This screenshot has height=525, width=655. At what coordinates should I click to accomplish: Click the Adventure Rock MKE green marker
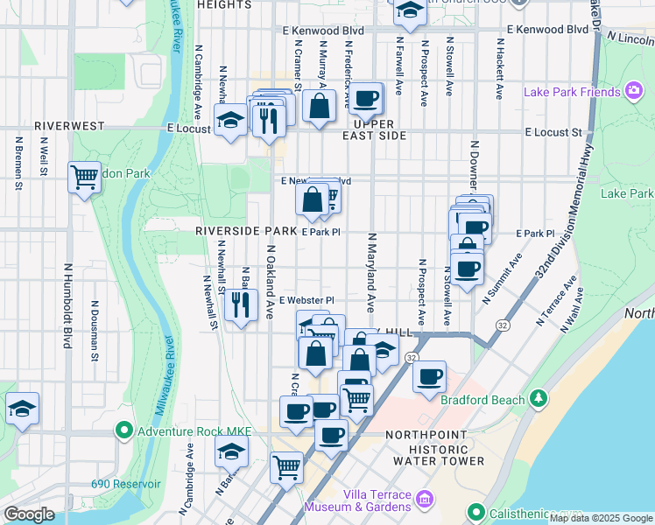[x=123, y=430]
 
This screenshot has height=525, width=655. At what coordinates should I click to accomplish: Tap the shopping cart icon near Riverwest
[x=84, y=178]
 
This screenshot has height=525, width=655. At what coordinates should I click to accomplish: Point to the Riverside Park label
[x=246, y=231]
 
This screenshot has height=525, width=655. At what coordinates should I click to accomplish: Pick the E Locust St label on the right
[x=553, y=133]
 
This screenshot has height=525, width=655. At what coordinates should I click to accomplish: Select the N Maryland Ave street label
[x=371, y=273]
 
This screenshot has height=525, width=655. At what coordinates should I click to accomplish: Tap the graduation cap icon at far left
[x=22, y=408]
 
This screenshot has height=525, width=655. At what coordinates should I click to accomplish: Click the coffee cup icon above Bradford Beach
[x=429, y=377]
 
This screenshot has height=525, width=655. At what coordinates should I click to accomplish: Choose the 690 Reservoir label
[x=128, y=484]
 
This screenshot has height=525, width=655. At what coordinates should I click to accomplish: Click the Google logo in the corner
[x=29, y=514]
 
